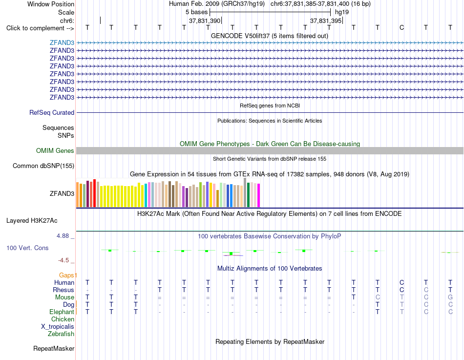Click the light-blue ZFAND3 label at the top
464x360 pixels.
(62, 42)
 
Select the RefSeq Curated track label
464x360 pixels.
(52, 112)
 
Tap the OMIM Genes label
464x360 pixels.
(55, 150)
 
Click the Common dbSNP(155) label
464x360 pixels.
(43, 166)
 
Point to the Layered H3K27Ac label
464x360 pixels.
(32, 221)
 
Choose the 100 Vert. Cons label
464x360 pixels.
(27, 248)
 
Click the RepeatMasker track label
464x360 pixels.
(54, 348)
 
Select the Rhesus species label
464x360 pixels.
(63, 290)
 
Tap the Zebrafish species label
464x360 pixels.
(61, 334)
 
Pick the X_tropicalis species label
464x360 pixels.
(58, 327)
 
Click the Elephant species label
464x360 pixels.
(62, 312)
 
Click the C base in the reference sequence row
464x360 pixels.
(401, 27)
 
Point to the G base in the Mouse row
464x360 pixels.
(450, 297)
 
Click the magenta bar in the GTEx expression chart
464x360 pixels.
(259, 195)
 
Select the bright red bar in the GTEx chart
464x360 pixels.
(94, 193)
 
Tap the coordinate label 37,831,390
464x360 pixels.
(205, 21)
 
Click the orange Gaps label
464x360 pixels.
(67, 275)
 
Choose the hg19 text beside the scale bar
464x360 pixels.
(342, 12)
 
